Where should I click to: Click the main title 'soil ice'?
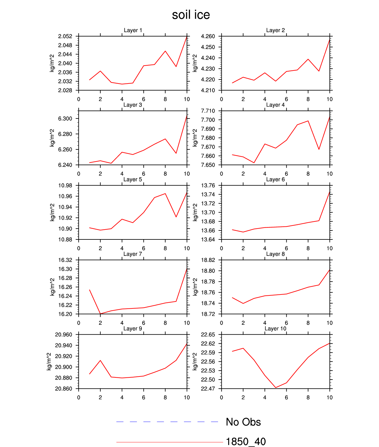tap(191, 15)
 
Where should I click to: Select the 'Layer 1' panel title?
tap(133, 30)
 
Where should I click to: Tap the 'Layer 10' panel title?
tap(275, 329)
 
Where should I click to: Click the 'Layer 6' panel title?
tap(275, 179)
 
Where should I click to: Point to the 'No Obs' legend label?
tap(243, 422)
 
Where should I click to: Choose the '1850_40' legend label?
tap(246, 442)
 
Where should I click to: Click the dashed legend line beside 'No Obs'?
tap(167, 422)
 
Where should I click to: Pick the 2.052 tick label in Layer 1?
tap(65, 37)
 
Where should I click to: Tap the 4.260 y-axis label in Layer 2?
tap(208, 37)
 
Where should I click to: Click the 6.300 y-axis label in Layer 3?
tap(65, 119)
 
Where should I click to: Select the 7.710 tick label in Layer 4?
tap(208, 111)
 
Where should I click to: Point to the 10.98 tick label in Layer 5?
tap(65, 186)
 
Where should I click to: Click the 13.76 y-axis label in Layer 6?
tap(208, 186)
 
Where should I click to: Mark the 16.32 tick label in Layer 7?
tap(65, 260)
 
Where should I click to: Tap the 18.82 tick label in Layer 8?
tap(208, 260)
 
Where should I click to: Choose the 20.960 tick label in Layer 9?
tap(63, 335)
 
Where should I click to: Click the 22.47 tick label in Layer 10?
tap(208, 389)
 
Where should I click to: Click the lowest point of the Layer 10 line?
tap(276, 388)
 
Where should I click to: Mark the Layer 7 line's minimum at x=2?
tap(100, 314)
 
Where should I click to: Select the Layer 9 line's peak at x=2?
tap(100, 360)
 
